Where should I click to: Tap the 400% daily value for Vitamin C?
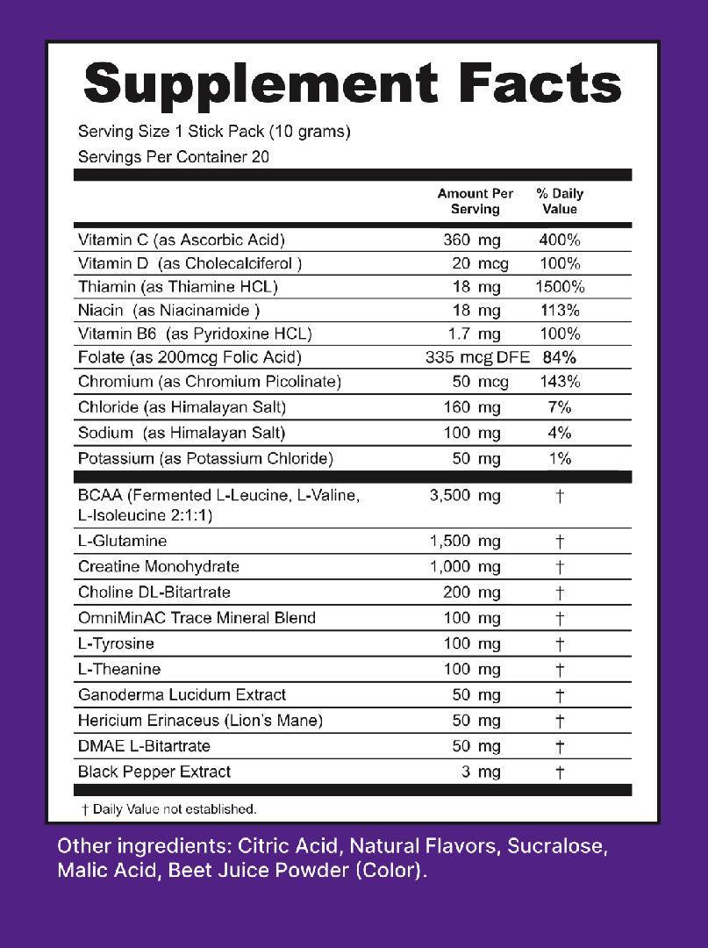(x=560, y=240)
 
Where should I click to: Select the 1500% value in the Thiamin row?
(x=560, y=287)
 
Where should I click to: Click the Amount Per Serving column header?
(x=476, y=201)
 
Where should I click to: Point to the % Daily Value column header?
(x=560, y=201)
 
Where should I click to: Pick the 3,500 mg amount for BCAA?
(x=465, y=496)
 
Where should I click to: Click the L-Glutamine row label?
(x=122, y=541)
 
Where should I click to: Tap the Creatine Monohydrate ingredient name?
(x=159, y=566)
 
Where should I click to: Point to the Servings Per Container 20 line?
(x=173, y=157)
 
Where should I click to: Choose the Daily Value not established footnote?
(x=168, y=809)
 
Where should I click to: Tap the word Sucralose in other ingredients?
(x=554, y=847)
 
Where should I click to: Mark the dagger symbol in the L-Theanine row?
(x=560, y=669)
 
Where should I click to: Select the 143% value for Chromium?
(x=560, y=382)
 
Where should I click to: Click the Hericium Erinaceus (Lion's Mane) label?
(x=200, y=721)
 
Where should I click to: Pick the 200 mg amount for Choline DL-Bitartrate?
(x=472, y=592)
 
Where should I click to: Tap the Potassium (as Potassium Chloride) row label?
(x=205, y=458)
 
